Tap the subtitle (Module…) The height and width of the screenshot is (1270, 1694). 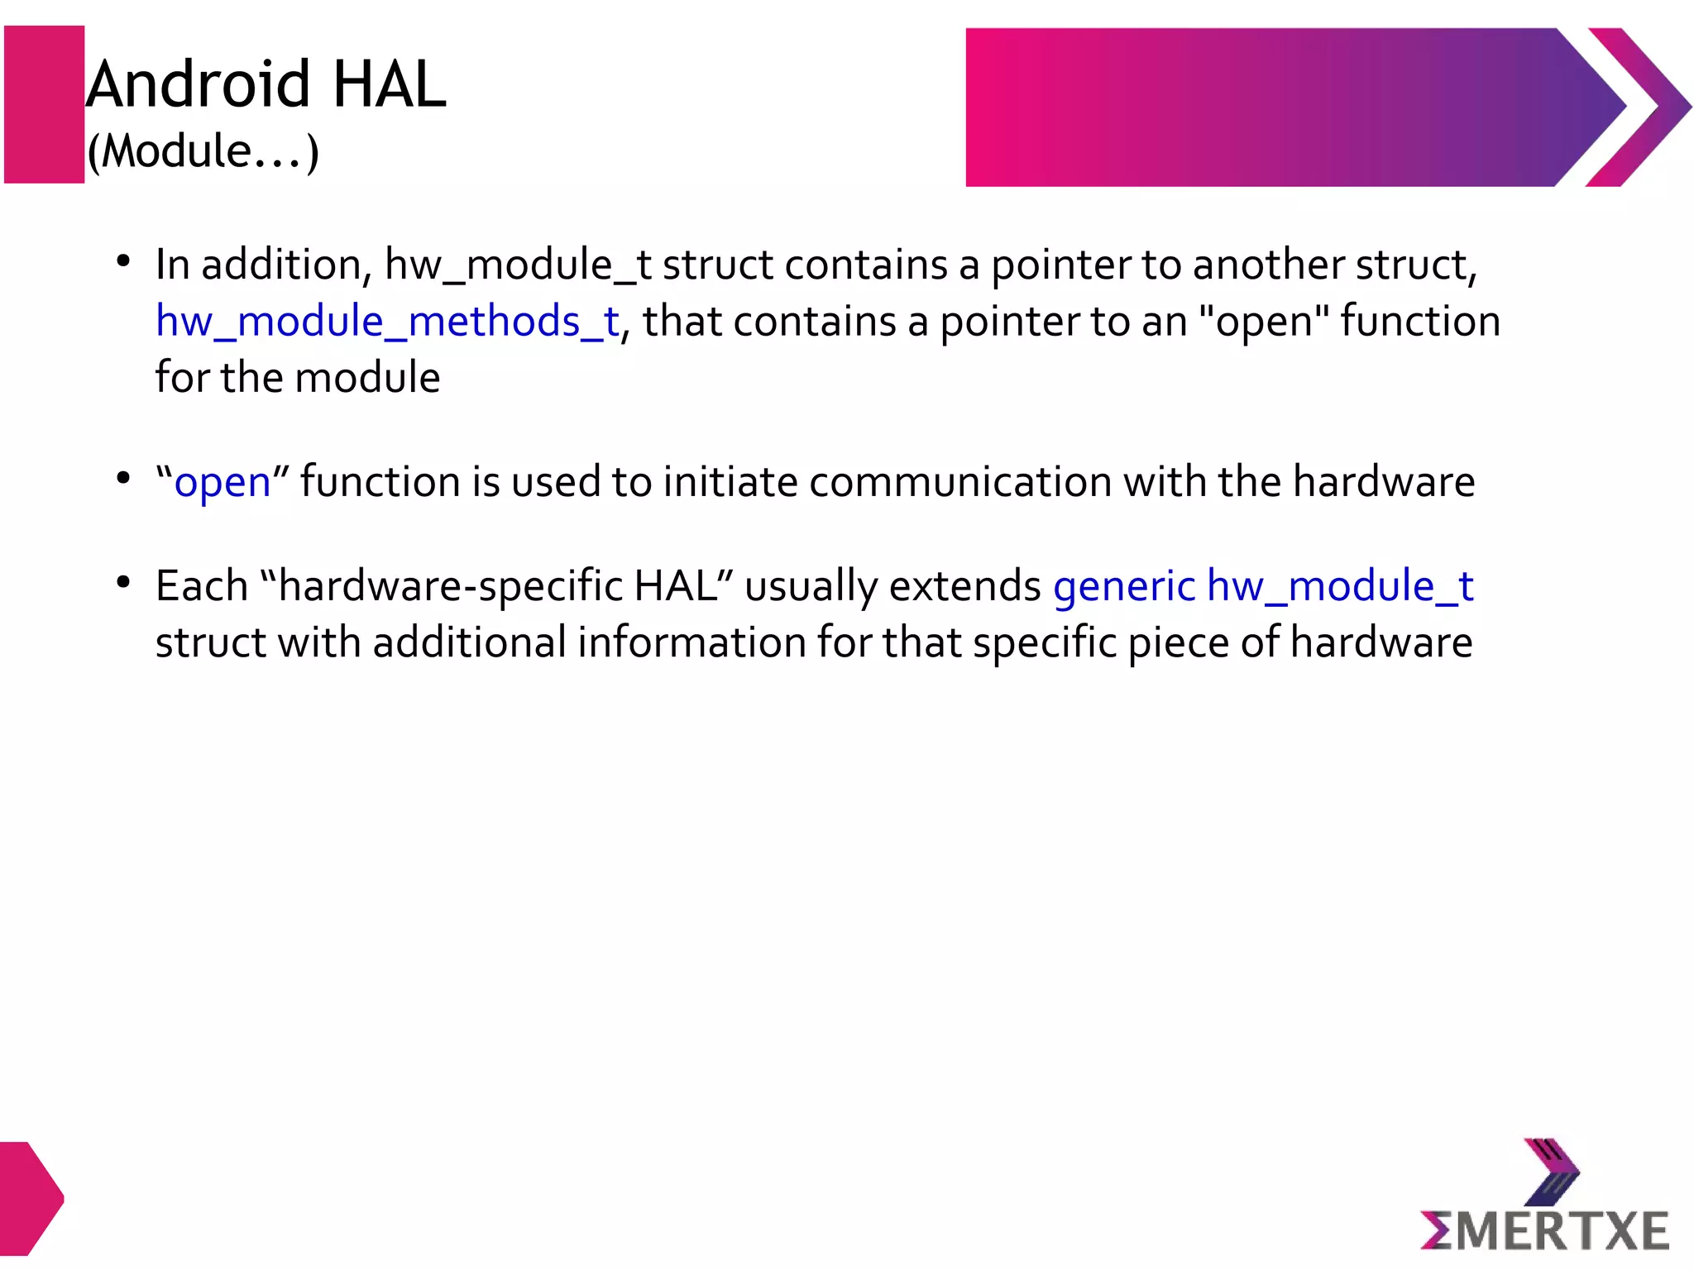[x=203, y=151]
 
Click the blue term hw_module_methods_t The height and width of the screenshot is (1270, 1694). [x=387, y=322]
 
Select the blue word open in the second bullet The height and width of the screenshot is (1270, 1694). [x=222, y=483]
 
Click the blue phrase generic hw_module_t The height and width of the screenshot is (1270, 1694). [x=1263, y=587]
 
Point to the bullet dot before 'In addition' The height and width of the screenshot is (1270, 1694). [x=123, y=262]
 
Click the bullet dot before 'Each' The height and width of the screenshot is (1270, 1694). [x=123, y=583]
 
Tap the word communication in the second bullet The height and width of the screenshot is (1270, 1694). [x=959, y=483]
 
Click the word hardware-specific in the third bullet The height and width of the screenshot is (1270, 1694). [x=451, y=587]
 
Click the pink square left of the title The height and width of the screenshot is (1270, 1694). [x=45, y=104]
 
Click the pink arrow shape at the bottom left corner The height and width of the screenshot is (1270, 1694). [x=30, y=1197]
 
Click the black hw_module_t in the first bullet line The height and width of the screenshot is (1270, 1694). [x=518, y=266]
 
